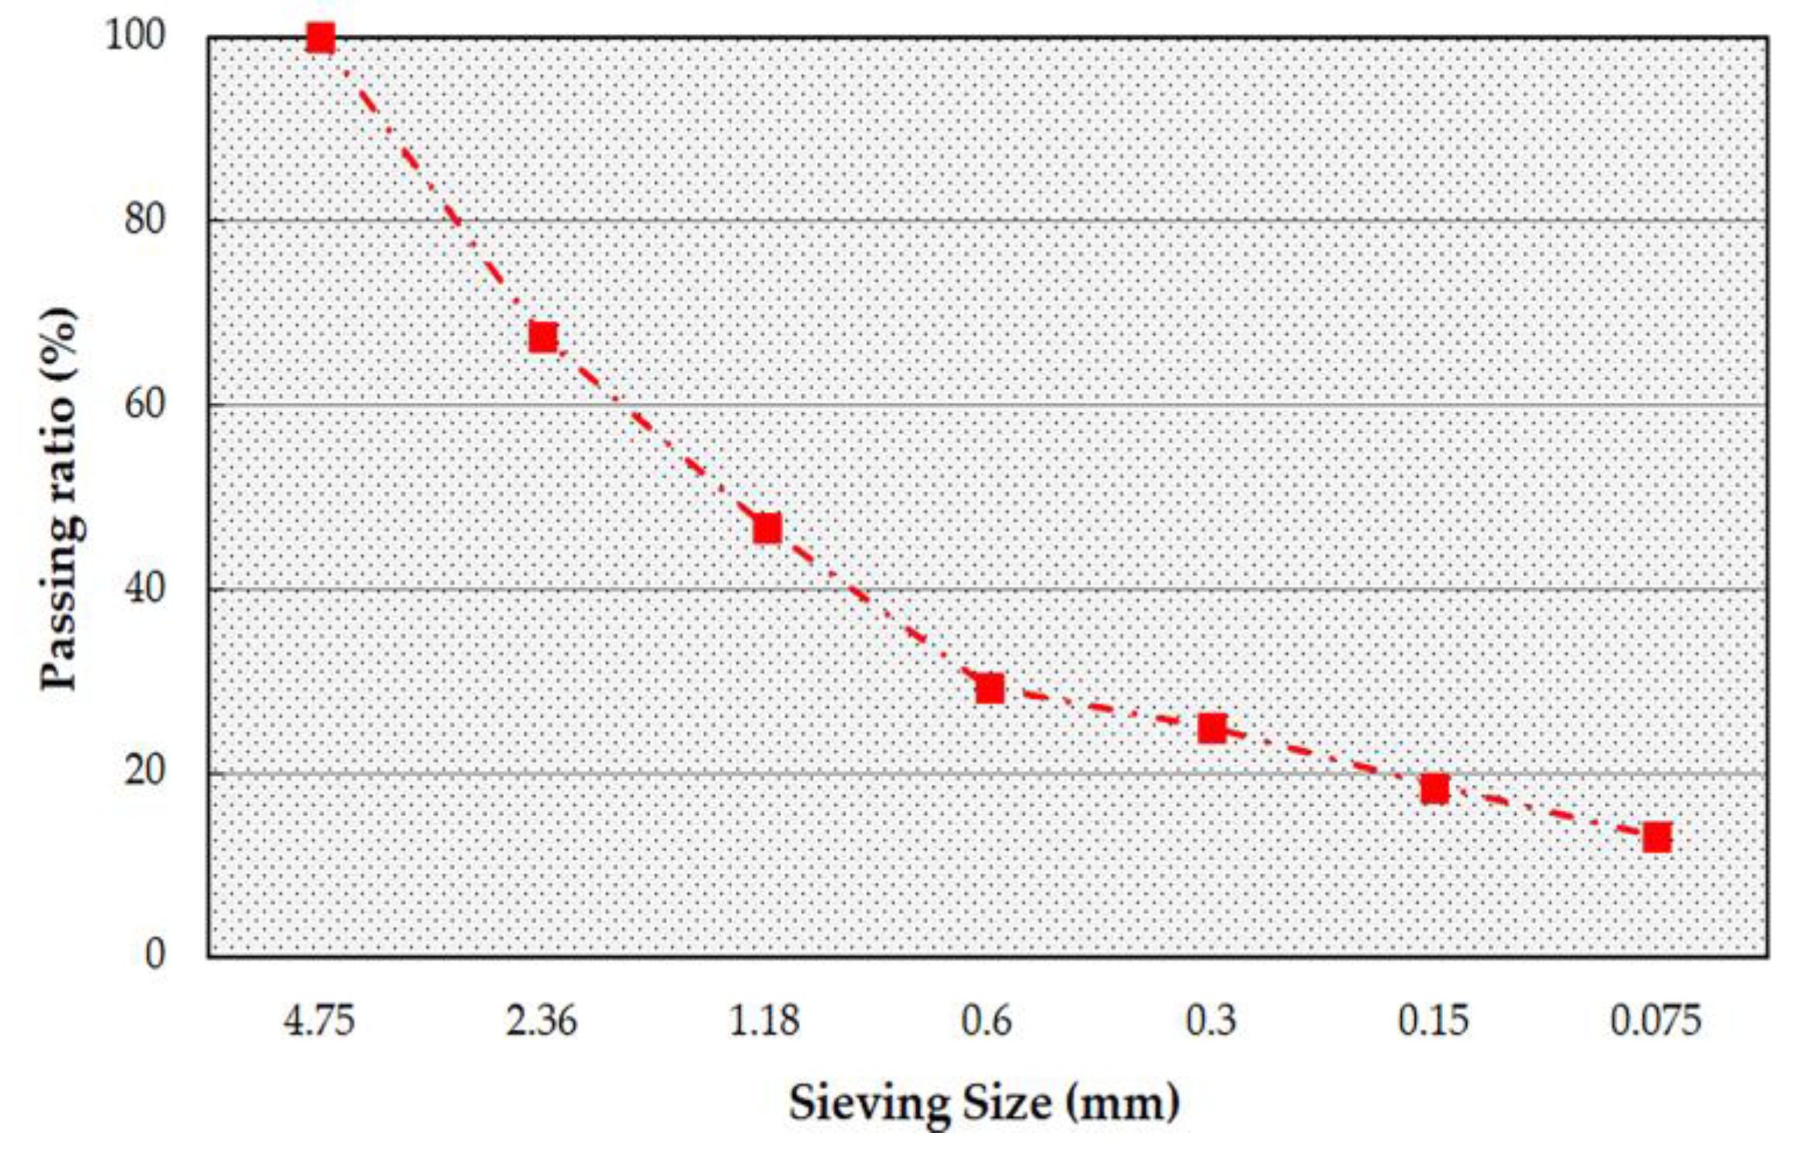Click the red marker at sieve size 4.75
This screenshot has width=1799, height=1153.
coord(320,37)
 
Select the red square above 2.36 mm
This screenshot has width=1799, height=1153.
coord(543,337)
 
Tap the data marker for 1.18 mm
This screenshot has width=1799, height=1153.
coord(766,528)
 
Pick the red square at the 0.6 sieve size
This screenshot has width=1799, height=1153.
coord(990,688)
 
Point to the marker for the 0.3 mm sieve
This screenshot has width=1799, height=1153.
coord(1213,728)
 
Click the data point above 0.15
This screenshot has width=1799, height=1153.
coord(1435,789)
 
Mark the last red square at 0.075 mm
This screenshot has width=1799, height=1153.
coord(1657,837)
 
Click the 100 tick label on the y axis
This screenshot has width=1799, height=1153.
coord(135,36)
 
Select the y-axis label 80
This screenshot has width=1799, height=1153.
coord(144,220)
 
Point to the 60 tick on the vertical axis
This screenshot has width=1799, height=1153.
coord(144,404)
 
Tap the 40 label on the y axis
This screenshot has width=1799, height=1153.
coord(144,589)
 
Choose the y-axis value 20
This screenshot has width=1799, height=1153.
coord(144,772)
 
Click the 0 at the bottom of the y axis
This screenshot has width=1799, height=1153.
coord(155,955)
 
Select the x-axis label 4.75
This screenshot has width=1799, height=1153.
coord(319,1021)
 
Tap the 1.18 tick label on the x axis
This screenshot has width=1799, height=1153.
coord(764,1021)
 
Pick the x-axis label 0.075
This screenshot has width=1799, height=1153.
coord(1655,1021)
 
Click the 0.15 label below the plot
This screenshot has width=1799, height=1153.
coord(1434,1021)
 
